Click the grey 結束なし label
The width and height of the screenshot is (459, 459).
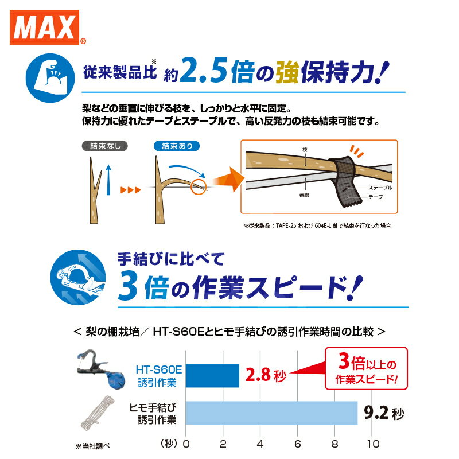[103, 146]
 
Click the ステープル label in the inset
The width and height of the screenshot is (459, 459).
[379, 188]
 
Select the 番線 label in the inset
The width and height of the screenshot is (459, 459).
[305, 195]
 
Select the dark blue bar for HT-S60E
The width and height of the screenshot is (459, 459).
[212, 376]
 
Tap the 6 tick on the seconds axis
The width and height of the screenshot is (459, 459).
[298, 444]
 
